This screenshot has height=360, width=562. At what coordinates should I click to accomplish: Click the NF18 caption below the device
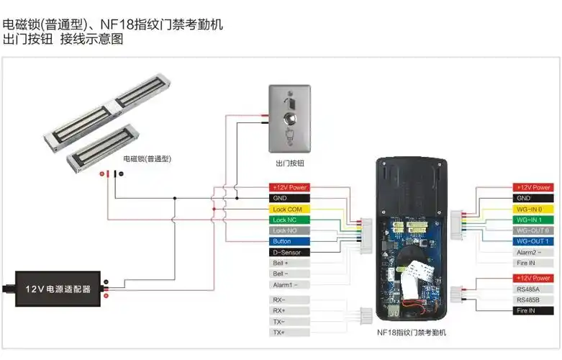(x=412, y=333)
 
